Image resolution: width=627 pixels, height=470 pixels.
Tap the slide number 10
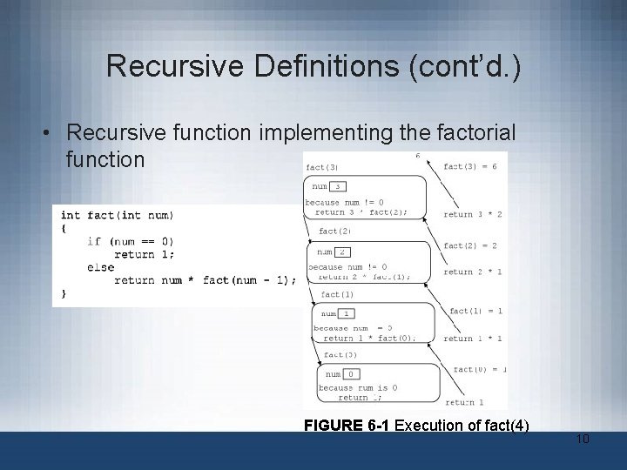tap(583, 439)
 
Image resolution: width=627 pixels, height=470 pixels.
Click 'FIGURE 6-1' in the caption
tap(347, 426)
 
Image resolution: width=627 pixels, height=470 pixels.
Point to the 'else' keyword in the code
tap(100, 267)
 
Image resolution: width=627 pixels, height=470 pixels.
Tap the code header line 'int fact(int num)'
tap(117, 215)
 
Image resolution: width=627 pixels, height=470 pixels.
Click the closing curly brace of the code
tap(64, 293)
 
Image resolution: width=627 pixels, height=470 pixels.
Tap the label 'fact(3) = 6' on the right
tap(469, 166)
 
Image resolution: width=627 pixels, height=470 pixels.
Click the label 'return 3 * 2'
tap(472, 214)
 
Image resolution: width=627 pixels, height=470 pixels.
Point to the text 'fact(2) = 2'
tap(469, 245)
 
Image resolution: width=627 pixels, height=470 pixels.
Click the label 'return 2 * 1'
tap(470, 272)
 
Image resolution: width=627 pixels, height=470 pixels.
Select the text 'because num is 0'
tap(358, 387)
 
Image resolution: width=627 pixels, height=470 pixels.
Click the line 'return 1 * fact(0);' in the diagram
tap(369, 339)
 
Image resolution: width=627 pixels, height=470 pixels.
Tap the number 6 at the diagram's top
tap(418, 156)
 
